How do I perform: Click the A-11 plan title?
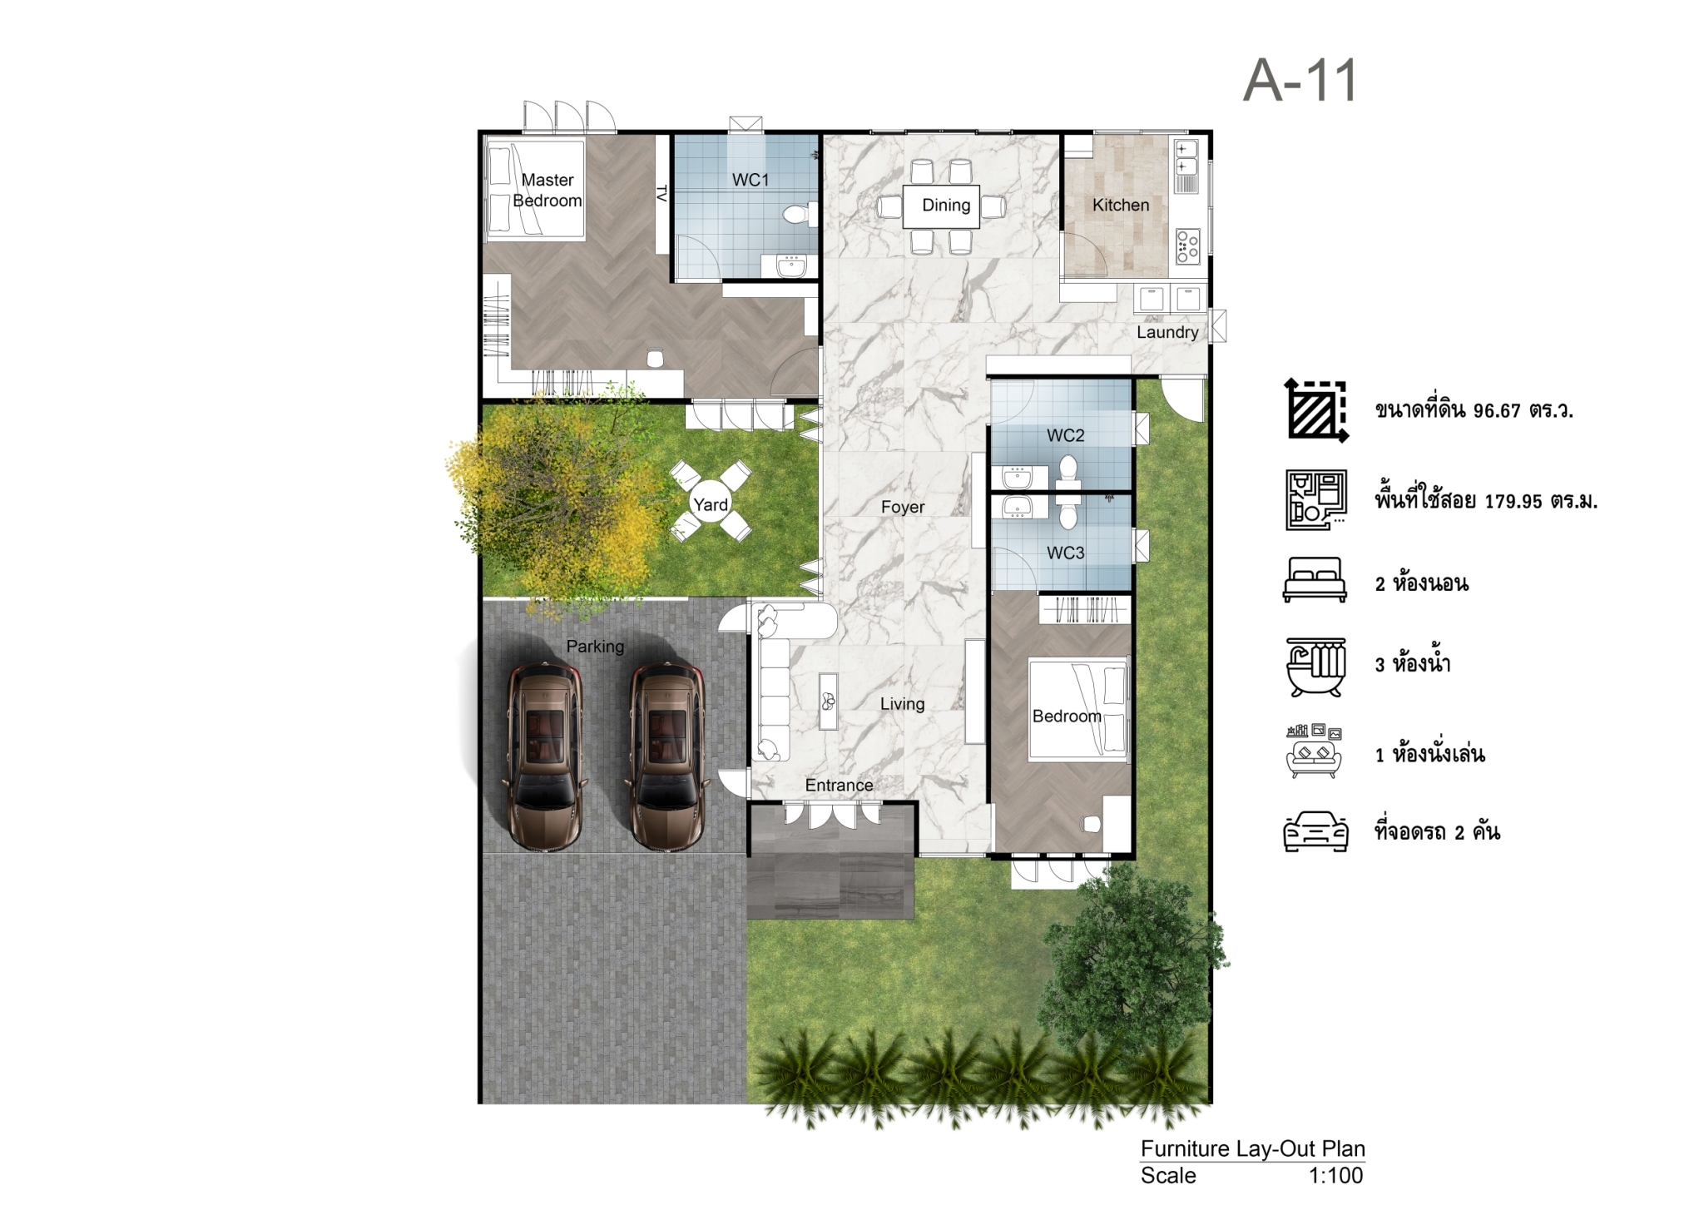[1300, 82]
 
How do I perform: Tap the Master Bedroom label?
[547, 190]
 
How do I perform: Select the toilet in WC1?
[796, 216]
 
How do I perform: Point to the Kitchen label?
[1121, 205]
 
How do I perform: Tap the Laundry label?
[1167, 332]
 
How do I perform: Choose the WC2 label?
[1066, 435]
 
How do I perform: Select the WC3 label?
[1066, 553]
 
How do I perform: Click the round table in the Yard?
[711, 503]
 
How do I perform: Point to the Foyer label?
[903, 507]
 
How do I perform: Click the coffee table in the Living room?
[828, 701]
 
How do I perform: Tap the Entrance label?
[839, 785]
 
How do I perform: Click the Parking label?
[595, 646]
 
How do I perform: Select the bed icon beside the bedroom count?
[1315, 580]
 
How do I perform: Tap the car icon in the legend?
[1315, 831]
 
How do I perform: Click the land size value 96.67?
[1497, 410]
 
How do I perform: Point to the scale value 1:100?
[1335, 1175]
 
